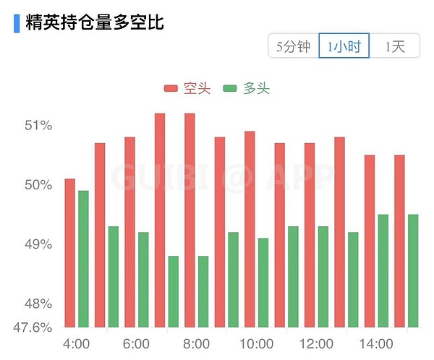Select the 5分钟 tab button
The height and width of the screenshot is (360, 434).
pyautogui.click(x=293, y=47)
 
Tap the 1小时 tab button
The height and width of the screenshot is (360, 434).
pyautogui.click(x=344, y=47)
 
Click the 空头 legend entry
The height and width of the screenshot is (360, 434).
pyautogui.click(x=187, y=88)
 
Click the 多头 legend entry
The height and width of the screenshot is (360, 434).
pyautogui.click(x=247, y=88)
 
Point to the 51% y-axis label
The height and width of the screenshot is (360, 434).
pyautogui.click(x=38, y=126)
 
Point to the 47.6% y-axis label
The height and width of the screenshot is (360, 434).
pyautogui.click(x=32, y=327)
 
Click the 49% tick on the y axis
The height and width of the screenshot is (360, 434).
pyautogui.click(x=38, y=244)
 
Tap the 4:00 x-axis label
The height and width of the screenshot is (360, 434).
pyautogui.click(x=77, y=343)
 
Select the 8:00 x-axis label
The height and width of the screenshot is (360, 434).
pyautogui.click(x=196, y=343)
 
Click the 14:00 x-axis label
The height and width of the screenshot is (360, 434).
pyautogui.click(x=376, y=343)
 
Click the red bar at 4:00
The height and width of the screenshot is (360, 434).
pyautogui.click(x=70, y=253)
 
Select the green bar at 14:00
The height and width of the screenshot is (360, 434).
pyautogui.click(x=383, y=271)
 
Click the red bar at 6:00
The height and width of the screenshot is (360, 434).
pyautogui.click(x=130, y=232)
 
